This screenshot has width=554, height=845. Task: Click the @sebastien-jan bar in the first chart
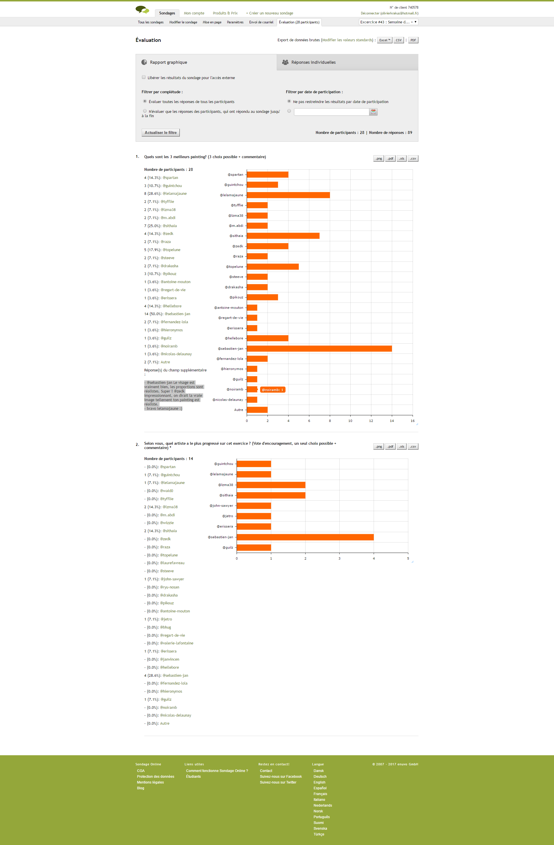tap(319, 349)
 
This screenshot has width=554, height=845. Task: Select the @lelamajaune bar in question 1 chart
tap(288, 195)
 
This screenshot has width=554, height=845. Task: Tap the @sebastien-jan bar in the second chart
tap(305, 537)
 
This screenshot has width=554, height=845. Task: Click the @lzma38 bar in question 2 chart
tap(271, 485)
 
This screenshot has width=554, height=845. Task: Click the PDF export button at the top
tap(413, 40)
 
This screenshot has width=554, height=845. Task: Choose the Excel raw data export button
tap(384, 40)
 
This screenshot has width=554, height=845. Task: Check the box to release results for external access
tap(144, 77)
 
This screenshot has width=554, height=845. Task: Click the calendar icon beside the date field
tap(373, 112)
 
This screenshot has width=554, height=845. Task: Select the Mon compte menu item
tap(194, 13)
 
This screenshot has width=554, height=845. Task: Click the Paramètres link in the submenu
tap(235, 22)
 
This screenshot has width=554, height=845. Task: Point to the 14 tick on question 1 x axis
tap(392, 421)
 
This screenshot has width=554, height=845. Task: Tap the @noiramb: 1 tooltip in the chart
tap(273, 390)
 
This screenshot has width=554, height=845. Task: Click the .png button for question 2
tap(379, 447)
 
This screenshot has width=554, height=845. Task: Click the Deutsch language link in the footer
tap(320, 777)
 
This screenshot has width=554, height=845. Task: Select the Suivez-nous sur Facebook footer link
tap(281, 777)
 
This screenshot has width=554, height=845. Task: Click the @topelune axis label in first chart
tap(235, 267)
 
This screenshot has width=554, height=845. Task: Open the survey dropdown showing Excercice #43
tap(389, 22)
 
